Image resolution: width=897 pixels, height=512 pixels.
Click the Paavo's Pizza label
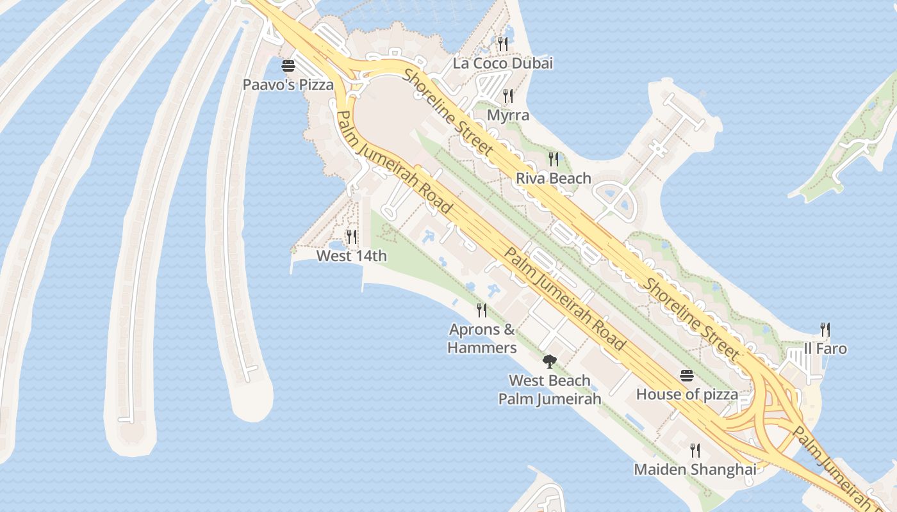click(288, 84)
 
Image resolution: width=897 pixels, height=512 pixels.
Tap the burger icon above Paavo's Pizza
click(288, 65)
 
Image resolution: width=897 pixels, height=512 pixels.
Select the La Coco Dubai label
click(502, 63)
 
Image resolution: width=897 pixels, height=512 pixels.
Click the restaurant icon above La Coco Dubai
click(503, 44)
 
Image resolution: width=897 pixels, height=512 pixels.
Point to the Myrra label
click(508, 115)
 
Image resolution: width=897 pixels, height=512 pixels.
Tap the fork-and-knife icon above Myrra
click(508, 96)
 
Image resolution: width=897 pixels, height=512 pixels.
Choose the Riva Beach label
click(554, 178)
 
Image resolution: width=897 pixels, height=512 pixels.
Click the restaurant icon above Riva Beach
click(554, 159)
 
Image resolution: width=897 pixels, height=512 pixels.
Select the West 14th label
click(352, 256)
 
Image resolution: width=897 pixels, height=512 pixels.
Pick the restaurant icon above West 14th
click(352, 237)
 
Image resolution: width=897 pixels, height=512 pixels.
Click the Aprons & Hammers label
click(482, 339)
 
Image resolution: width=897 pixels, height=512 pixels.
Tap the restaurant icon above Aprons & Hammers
click(482, 310)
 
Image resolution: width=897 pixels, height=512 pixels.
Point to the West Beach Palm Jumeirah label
click(550, 389)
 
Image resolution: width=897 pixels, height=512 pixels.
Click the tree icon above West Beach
click(549, 362)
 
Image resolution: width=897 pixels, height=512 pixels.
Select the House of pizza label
click(687, 394)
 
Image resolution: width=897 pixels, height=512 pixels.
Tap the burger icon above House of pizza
click(687, 375)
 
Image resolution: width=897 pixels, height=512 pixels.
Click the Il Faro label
click(825, 349)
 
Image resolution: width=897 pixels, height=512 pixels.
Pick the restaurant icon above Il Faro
click(825, 330)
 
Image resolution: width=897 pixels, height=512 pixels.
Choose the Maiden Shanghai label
click(695, 469)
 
